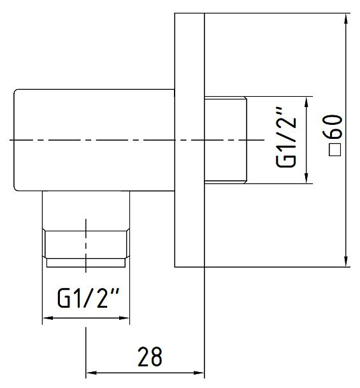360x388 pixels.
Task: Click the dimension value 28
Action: [x=150, y=356]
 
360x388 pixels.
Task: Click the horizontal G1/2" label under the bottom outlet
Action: [x=88, y=298]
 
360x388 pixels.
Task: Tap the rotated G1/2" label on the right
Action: [x=286, y=137]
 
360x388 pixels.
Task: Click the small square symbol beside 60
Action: [x=335, y=150]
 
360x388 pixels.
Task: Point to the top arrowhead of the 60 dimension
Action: [x=346, y=19]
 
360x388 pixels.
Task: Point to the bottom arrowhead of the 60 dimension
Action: [x=346, y=261]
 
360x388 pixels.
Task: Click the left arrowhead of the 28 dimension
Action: [x=92, y=373]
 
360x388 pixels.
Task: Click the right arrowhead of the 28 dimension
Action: [x=199, y=373]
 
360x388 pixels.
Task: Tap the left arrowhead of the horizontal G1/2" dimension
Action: [x=48, y=318]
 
